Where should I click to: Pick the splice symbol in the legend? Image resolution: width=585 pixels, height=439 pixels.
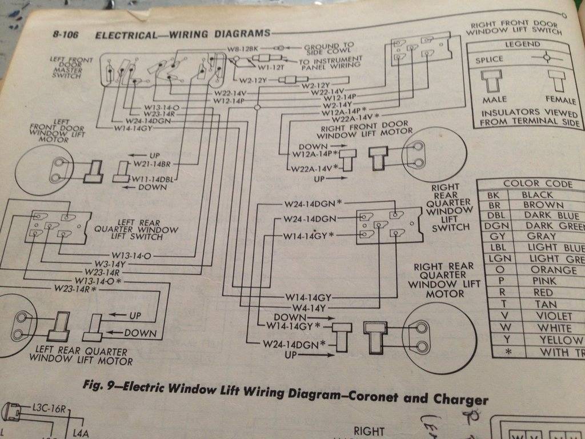[547, 58]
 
